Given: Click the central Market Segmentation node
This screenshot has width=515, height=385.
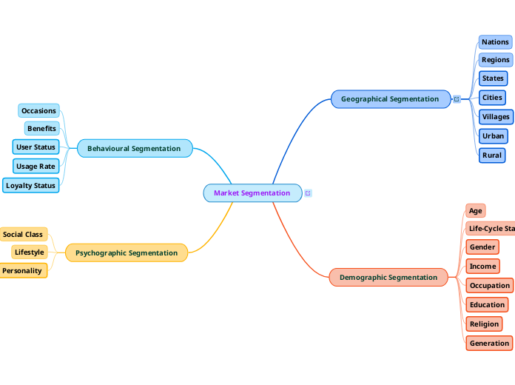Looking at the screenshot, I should point(252,193).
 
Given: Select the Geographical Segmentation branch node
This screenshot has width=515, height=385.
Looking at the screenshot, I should point(390,99).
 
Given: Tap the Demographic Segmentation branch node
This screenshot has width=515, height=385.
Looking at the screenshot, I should point(388,278).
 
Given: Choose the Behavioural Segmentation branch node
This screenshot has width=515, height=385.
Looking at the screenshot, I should point(134,149).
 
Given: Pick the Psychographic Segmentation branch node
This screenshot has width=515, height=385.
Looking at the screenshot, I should point(127,253).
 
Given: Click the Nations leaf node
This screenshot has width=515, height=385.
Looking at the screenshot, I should point(495,42).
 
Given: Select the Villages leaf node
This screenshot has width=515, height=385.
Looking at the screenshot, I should point(496,117).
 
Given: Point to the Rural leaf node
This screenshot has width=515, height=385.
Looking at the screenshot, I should point(492,155).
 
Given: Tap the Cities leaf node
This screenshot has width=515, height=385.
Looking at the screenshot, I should point(492,98).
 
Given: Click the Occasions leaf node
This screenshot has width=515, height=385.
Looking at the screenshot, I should point(38,111).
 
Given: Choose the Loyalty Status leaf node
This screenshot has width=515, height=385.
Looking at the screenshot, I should point(31,186).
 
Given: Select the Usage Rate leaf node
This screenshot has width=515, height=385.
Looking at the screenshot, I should point(36,167).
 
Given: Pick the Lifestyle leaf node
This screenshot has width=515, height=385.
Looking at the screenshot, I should point(30,252).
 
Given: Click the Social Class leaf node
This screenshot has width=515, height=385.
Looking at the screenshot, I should point(23,235).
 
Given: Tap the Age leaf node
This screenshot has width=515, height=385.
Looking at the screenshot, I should point(476,211).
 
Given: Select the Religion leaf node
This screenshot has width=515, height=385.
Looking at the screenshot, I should point(484,324).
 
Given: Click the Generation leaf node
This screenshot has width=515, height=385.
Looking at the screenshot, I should point(489,344).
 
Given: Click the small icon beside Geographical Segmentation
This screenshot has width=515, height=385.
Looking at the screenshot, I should point(457,99).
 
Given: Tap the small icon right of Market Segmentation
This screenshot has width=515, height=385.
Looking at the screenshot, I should point(308,193).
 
